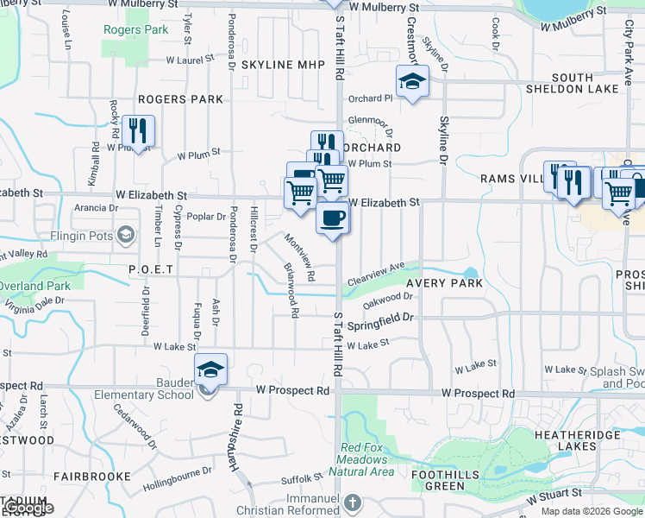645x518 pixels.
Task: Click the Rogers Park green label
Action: click(135, 29)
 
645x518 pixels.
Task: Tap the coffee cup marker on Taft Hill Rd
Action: click(332, 218)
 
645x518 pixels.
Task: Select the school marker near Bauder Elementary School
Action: click(210, 370)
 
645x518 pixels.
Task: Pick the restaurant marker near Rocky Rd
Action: click(138, 131)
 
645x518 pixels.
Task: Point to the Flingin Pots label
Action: click(88, 234)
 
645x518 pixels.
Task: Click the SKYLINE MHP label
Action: click(283, 65)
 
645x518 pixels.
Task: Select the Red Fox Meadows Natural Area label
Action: click(367, 459)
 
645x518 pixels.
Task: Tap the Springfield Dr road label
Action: click(382, 322)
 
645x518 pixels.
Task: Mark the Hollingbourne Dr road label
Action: click(178, 476)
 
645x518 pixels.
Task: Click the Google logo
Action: click(28, 508)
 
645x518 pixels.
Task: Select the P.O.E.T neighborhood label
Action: click(152, 269)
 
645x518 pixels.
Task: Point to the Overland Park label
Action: click(34, 286)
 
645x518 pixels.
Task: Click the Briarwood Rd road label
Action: click(290, 290)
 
